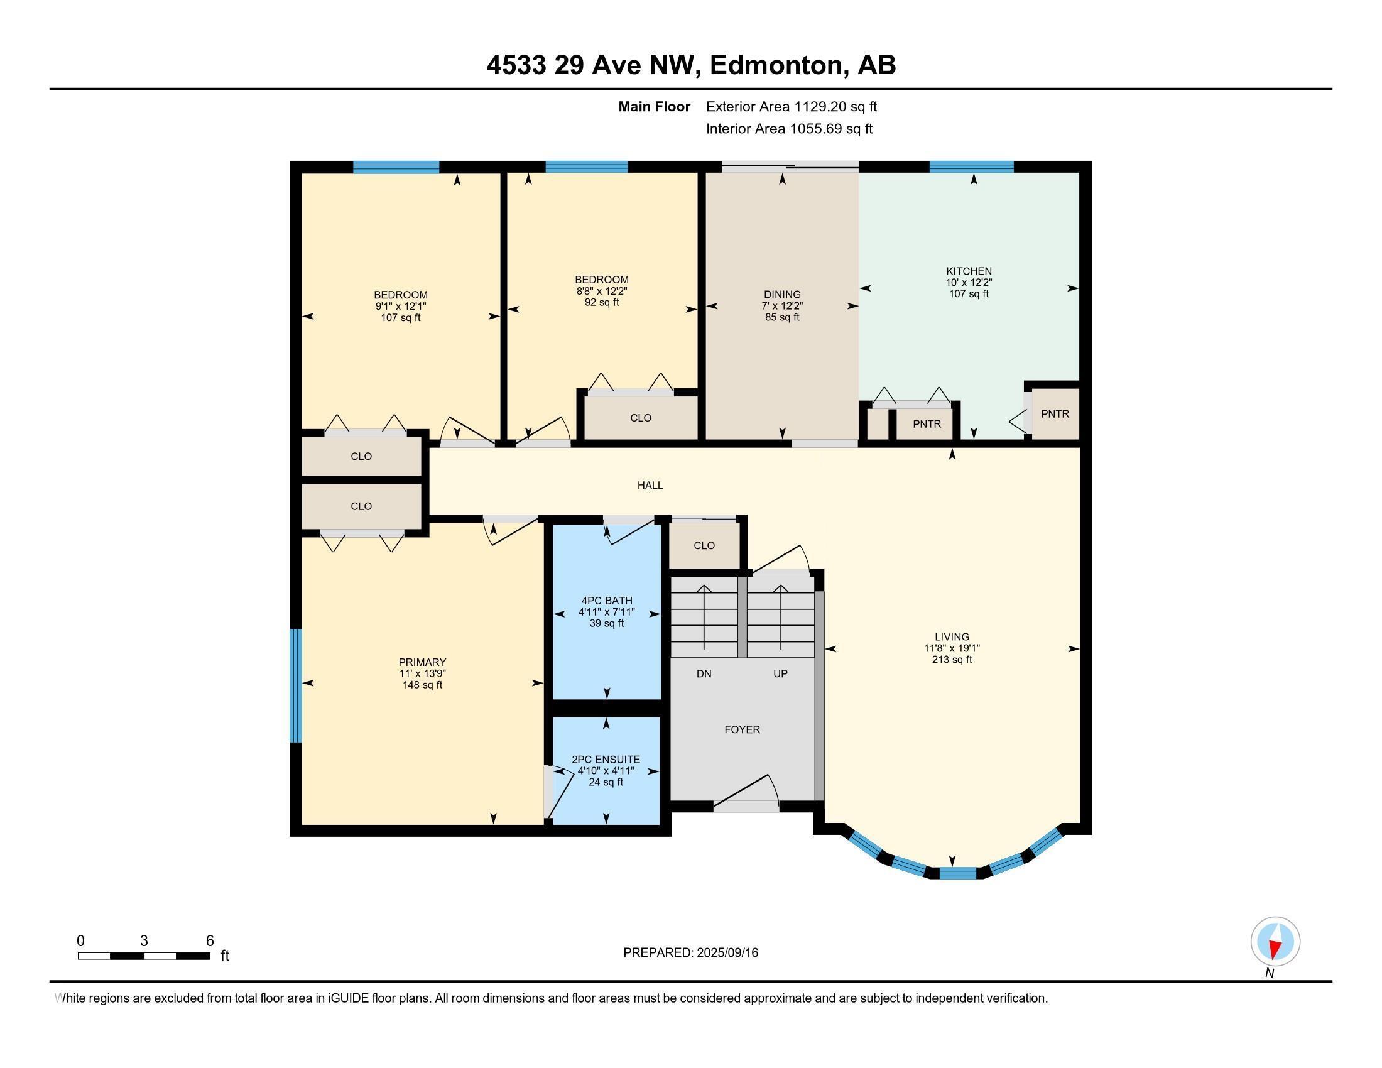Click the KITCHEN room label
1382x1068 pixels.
968,271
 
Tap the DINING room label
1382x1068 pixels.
782,294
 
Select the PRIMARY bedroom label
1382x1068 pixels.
422,662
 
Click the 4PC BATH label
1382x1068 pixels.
606,601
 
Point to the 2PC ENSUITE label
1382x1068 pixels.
606,760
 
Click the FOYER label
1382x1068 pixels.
742,729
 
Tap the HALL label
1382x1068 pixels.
650,485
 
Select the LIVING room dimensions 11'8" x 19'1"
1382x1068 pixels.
951,648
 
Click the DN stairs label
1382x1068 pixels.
704,674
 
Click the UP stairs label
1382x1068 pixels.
780,674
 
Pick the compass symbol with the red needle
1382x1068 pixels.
1275,942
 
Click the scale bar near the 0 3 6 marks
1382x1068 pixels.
144,956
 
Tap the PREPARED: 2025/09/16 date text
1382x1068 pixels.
690,952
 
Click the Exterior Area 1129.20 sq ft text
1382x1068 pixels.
791,106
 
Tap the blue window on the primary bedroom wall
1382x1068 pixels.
295,685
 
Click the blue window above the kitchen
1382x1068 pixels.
971,167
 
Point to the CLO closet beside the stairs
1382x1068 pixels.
704,545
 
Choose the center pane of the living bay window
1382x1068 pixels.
957,874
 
